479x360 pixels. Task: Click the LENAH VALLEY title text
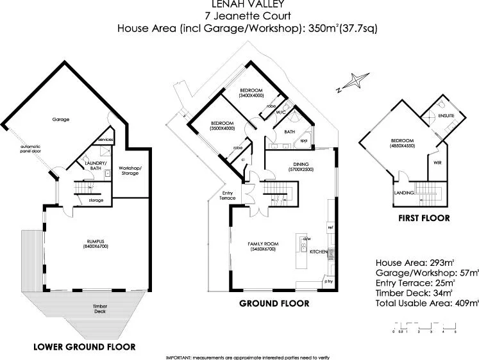pos(239,4)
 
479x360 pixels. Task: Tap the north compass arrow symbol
pos(351,82)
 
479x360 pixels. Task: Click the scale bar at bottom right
pos(424,329)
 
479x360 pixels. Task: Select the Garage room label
pos(62,119)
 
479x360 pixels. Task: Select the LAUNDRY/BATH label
pos(95,165)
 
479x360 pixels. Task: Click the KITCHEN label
pos(319,252)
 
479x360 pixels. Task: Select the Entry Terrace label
pos(228,195)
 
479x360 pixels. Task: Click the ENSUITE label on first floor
pos(446,116)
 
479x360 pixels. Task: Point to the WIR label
pos(437,163)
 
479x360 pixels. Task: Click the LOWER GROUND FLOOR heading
pos(84,347)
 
